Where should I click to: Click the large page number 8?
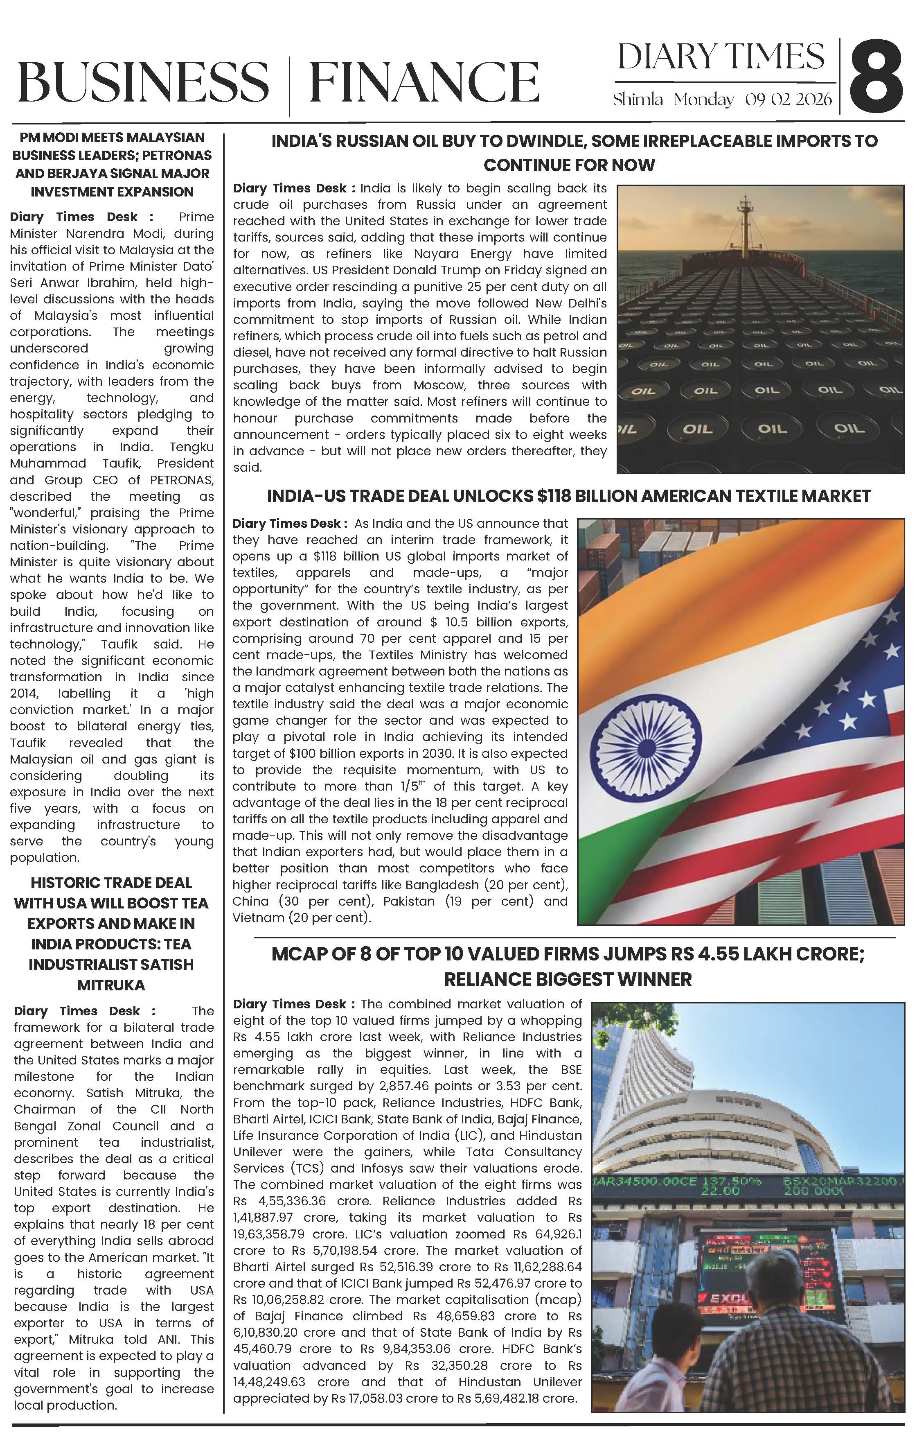(x=876, y=76)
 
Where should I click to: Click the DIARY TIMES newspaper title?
(x=721, y=57)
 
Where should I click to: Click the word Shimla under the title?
(x=637, y=99)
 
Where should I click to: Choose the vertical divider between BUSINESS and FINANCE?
(x=289, y=84)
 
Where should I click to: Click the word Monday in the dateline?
(x=703, y=99)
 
